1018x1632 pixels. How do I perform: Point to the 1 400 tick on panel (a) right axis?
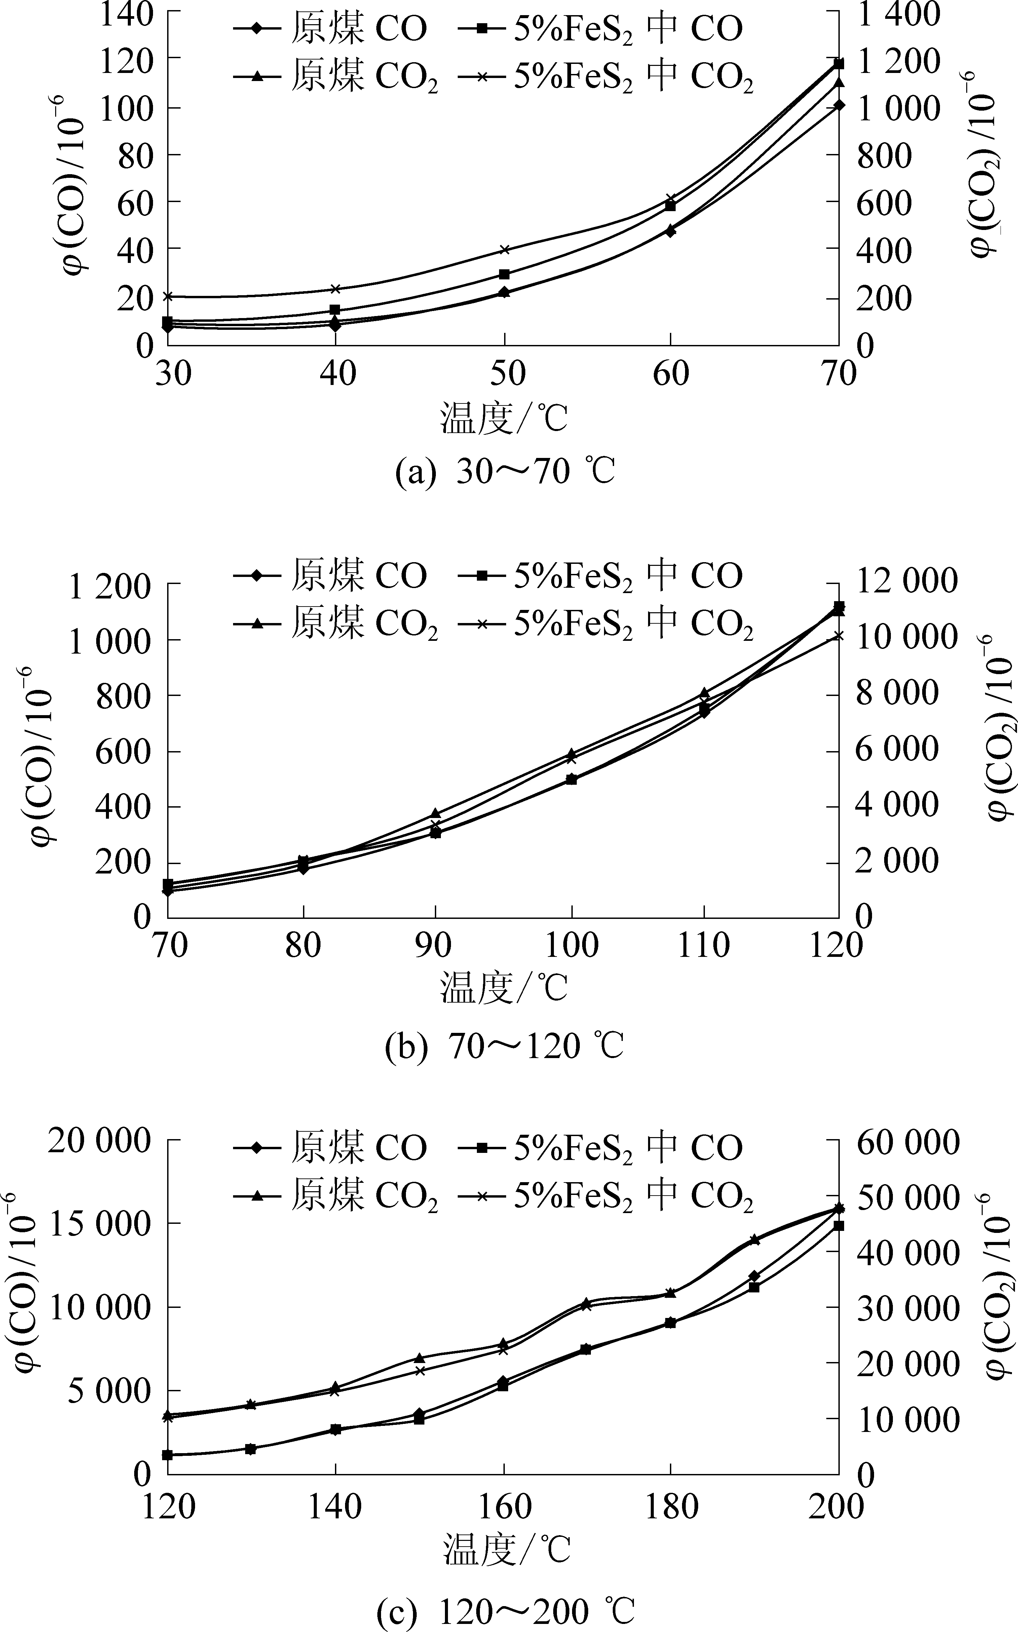(898, 13)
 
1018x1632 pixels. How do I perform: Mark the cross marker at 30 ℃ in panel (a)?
(167, 296)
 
